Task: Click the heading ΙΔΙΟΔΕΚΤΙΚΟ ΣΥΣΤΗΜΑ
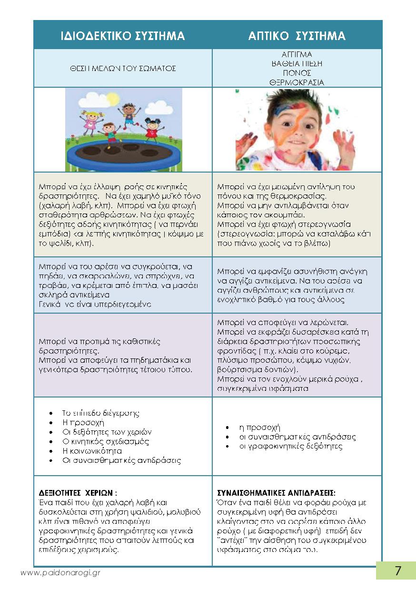point(123,36)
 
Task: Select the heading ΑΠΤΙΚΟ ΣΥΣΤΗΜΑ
point(297,36)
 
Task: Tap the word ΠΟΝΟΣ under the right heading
point(297,73)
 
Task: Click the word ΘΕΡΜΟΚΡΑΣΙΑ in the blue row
point(297,82)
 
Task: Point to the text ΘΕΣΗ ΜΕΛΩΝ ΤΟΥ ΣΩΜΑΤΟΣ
point(123,69)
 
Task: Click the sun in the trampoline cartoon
point(113,99)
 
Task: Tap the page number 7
point(398,571)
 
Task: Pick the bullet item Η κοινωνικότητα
point(92,451)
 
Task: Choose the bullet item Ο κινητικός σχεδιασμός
point(106,441)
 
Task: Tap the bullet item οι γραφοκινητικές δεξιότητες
point(290,447)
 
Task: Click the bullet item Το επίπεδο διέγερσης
point(101,413)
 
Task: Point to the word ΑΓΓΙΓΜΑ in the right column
point(297,54)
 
